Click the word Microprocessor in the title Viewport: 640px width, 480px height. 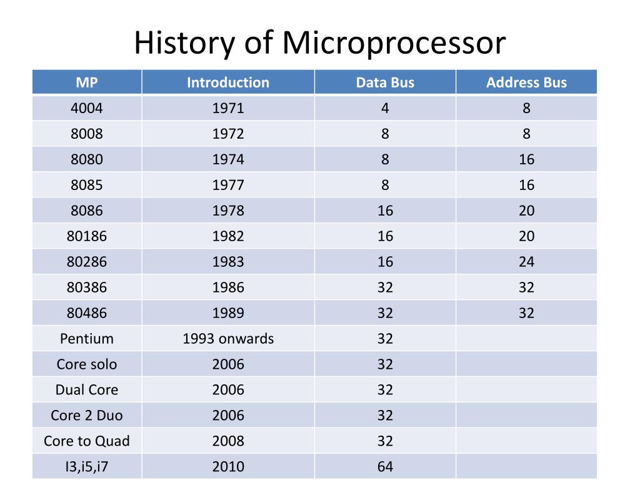pos(393,43)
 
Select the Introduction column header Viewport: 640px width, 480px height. pos(228,82)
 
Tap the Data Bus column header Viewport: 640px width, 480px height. pos(385,82)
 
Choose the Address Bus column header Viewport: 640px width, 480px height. pos(526,82)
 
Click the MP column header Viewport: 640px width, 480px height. pos(87,82)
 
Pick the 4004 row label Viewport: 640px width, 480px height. pos(87,108)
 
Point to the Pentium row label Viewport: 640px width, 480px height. pos(87,339)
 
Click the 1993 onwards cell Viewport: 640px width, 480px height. pos(228,339)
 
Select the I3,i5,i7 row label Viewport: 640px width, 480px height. pos(87,466)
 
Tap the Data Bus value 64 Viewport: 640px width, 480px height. pos(385,466)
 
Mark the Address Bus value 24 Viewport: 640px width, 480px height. pos(526,262)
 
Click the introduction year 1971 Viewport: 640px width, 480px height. pos(228,108)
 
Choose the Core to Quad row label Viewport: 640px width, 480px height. pos(87,441)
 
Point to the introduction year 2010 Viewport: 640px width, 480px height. pos(228,466)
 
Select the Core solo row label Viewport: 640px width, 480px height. pos(87,364)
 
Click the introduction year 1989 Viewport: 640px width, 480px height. pos(228,313)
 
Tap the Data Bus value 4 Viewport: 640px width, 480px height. pos(385,108)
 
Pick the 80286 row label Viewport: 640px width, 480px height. pos(87,262)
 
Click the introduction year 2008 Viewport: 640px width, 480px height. pos(228,441)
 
